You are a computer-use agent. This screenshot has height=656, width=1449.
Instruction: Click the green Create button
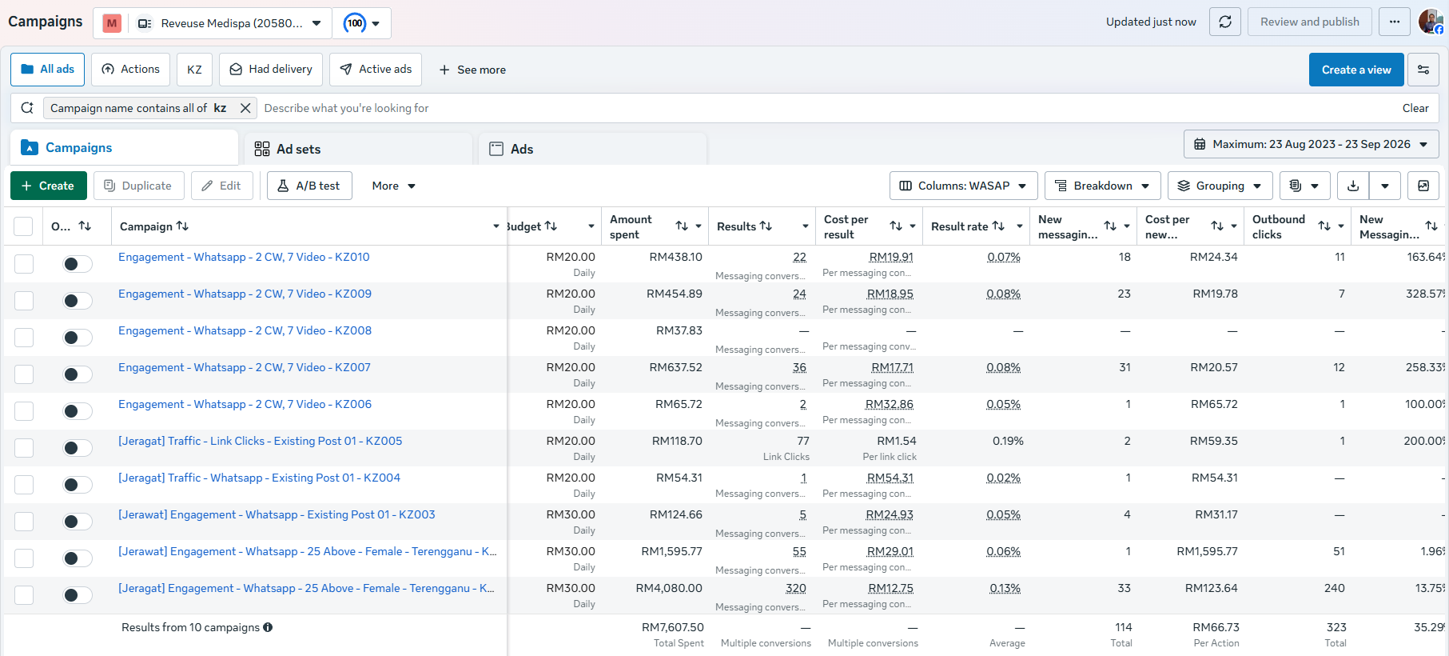[48, 186]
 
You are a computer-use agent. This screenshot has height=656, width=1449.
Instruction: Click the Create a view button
[1356, 70]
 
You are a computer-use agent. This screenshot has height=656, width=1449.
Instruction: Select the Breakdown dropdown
[1103, 186]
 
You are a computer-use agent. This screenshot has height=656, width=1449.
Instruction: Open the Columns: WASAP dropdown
[963, 186]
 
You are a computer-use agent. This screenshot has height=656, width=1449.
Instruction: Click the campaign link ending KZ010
[244, 257]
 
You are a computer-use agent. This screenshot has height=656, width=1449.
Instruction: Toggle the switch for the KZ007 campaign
[78, 374]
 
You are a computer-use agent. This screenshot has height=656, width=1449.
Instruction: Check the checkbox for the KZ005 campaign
[24, 448]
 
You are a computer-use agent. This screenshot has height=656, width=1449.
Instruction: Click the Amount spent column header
[631, 226]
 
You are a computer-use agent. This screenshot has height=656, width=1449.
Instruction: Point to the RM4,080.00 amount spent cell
[669, 588]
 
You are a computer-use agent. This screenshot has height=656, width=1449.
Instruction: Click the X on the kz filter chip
[245, 108]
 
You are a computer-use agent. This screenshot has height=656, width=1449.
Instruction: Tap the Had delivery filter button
[271, 70]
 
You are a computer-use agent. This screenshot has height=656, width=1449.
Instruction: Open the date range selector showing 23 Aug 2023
[1311, 144]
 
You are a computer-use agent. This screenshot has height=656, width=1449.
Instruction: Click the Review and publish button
[1309, 22]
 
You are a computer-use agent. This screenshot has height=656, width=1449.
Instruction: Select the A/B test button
[309, 186]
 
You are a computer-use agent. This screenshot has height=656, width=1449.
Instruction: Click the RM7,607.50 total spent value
[672, 627]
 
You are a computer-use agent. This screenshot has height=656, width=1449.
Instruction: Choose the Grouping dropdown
[1220, 186]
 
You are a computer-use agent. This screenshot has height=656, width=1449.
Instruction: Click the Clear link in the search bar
[1415, 108]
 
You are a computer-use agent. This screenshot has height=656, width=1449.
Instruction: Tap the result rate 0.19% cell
[1008, 441]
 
